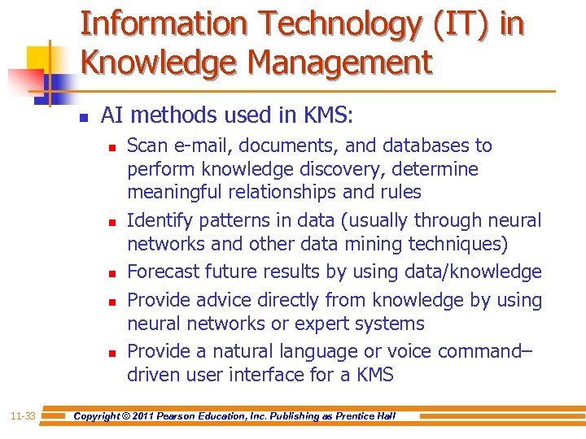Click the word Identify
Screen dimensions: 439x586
click(x=159, y=220)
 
